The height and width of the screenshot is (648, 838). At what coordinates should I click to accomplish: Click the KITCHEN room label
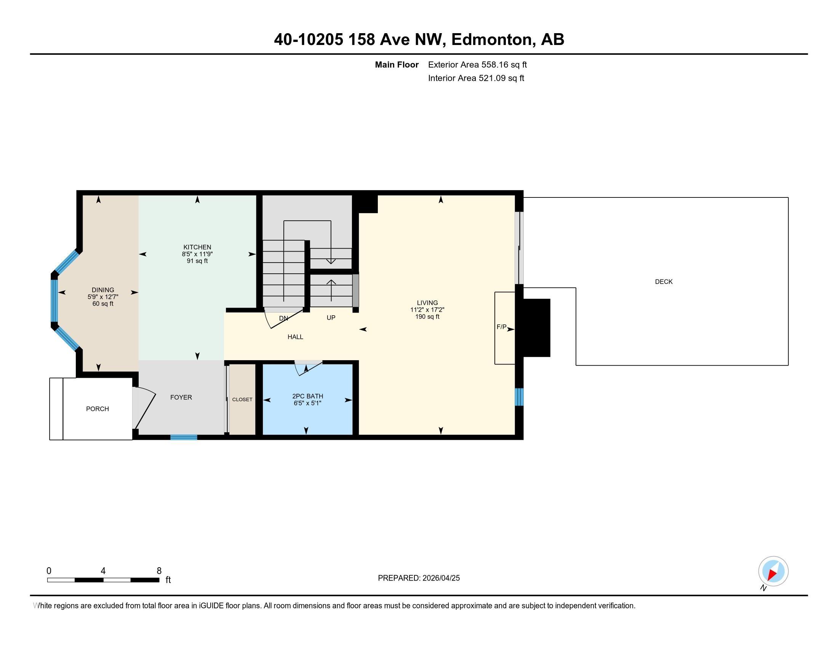pyautogui.click(x=197, y=247)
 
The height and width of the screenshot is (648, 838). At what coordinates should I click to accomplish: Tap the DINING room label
pyautogui.click(x=103, y=290)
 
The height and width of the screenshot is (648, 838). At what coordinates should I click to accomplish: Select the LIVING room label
pyautogui.click(x=427, y=303)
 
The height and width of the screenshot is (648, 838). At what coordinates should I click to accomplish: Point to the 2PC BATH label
pyautogui.click(x=307, y=396)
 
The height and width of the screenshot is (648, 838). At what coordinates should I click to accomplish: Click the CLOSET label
pyautogui.click(x=242, y=399)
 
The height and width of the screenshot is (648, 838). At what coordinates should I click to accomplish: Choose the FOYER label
pyautogui.click(x=181, y=397)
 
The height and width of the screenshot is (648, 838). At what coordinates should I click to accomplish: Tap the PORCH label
pyautogui.click(x=98, y=409)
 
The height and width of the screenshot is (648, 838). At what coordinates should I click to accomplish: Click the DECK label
pyautogui.click(x=664, y=282)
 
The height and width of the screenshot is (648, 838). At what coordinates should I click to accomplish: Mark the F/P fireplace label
pyautogui.click(x=502, y=327)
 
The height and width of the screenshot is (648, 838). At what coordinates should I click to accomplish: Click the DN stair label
pyautogui.click(x=283, y=318)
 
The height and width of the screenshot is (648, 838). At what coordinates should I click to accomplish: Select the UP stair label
pyautogui.click(x=331, y=318)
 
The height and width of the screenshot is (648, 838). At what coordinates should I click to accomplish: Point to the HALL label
pyautogui.click(x=296, y=337)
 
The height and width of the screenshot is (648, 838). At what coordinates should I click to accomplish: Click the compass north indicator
pyautogui.click(x=773, y=571)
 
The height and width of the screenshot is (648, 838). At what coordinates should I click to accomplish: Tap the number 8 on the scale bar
pyautogui.click(x=159, y=571)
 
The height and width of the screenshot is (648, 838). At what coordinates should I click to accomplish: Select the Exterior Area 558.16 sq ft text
pyautogui.click(x=477, y=65)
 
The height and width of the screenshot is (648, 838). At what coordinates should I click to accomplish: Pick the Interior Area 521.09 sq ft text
pyautogui.click(x=476, y=78)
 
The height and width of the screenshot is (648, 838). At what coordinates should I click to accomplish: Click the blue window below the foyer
pyautogui.click(x=184, y=437)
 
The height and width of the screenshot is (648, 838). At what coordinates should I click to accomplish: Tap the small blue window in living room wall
pyautogui.click(x=519, y=397)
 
